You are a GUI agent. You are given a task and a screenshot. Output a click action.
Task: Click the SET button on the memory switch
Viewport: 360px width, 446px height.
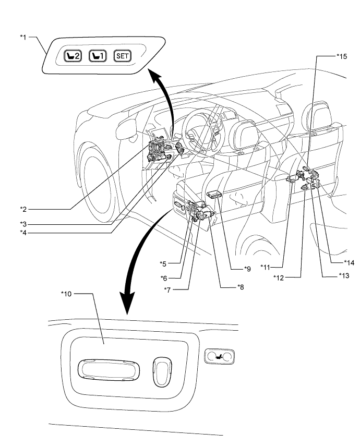coord(123,56)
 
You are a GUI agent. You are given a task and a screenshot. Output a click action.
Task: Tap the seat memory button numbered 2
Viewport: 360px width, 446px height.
coord(73,56)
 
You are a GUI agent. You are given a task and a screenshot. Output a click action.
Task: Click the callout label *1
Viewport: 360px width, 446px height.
coord(23,37)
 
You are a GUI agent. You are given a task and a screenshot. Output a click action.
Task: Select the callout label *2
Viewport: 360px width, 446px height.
coord(23,209)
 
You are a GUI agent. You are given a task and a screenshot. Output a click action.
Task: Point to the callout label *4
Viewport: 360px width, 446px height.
coord(23,233)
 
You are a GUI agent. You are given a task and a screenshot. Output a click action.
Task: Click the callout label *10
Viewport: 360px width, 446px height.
coord(66,294)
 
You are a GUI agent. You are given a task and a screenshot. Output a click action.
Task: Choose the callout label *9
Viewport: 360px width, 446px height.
coord(247,269)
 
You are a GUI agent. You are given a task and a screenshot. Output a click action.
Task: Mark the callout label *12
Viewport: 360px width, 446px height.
coord(279,278)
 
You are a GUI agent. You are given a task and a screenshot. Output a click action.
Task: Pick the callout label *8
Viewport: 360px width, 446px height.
coord(241,287)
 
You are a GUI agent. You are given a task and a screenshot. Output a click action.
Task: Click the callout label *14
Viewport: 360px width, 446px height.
coord(349,262)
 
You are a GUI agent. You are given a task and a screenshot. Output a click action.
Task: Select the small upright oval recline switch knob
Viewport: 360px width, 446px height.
coord(162,372)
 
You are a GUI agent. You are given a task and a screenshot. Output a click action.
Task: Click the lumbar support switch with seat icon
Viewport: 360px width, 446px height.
coord(220,357)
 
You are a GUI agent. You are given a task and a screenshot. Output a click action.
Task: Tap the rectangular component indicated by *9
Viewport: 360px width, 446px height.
coord(215,195)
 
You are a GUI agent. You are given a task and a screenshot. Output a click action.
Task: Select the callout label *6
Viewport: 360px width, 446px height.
coord(164,278)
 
